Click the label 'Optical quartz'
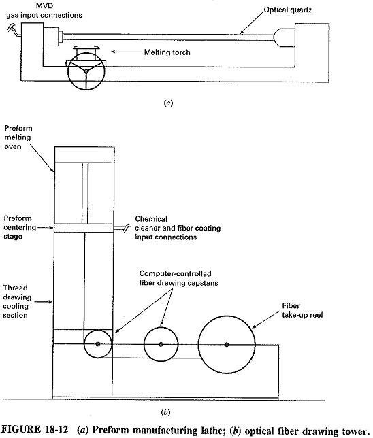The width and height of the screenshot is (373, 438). click(288, 10)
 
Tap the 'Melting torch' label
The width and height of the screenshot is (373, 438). click(167, 52)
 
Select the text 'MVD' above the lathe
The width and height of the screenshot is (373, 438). click(44, 6)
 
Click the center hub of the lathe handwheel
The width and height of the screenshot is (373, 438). click(86, 71)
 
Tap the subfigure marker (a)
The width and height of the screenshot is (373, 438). click(168, 103)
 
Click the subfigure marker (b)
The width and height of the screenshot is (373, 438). click(165, 412)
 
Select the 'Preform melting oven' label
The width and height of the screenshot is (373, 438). click(18, 137)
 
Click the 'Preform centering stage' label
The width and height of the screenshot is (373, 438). click(20, 227)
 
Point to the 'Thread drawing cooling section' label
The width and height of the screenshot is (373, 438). click(17, 301)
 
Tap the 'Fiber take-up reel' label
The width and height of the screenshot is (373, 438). click(302, 310)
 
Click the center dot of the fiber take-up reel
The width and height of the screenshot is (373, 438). click(227, 345)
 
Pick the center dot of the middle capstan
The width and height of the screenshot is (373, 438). click(161, 344)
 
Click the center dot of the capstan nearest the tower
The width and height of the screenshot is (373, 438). click(98, 344)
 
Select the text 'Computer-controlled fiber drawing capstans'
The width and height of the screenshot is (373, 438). click(178, 278)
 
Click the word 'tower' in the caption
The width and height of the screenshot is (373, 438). click(353, 430)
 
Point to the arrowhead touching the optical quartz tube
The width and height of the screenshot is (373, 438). click(242, 32)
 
